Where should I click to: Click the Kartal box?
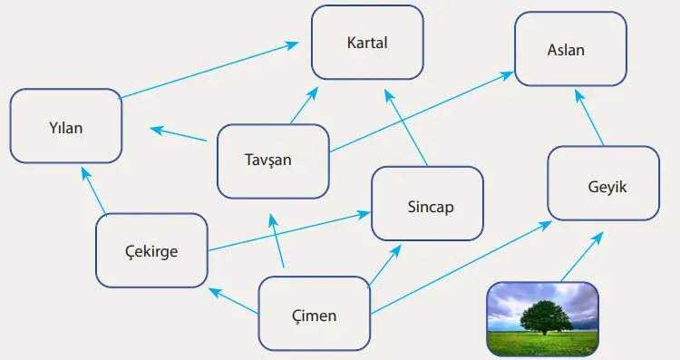tap(367, 43)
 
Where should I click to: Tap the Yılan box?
tap(65, 126)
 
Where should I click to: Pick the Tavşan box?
tap(273, 161)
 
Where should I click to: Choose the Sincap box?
tap(427, 204)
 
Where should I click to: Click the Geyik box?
tap(603, 184)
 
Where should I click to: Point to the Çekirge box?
tap(151, 250)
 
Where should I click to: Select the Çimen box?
tap(315, 315)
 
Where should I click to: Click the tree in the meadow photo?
tap(546, 318)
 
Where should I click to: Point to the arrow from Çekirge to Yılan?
tap(95, 191)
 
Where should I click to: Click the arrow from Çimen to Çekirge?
tap(234, 301)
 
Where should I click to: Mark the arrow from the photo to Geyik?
tap(580, 258)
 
